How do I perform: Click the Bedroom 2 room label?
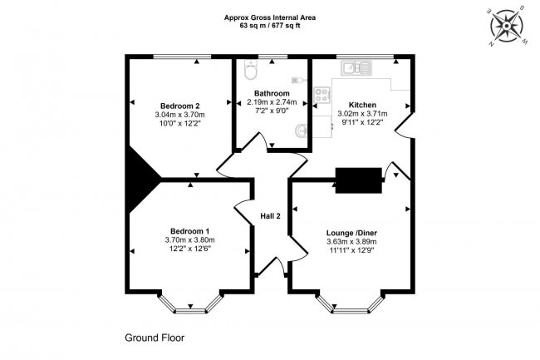click(180, 106)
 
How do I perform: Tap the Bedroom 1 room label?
click(189, 231)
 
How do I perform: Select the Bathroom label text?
click(272, 93)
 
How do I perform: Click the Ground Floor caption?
click(155, 338)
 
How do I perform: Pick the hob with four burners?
click(321, 96)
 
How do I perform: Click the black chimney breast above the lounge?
click(358, 178)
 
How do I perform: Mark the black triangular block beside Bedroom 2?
click(140, 171)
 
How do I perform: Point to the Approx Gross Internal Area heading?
click(269, 17)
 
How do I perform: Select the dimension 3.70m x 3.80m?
click(189, 240)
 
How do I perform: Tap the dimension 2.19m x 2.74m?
click(272, 102)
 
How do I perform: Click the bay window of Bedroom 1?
click(189, 304)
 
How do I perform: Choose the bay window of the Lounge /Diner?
click(351, 304)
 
